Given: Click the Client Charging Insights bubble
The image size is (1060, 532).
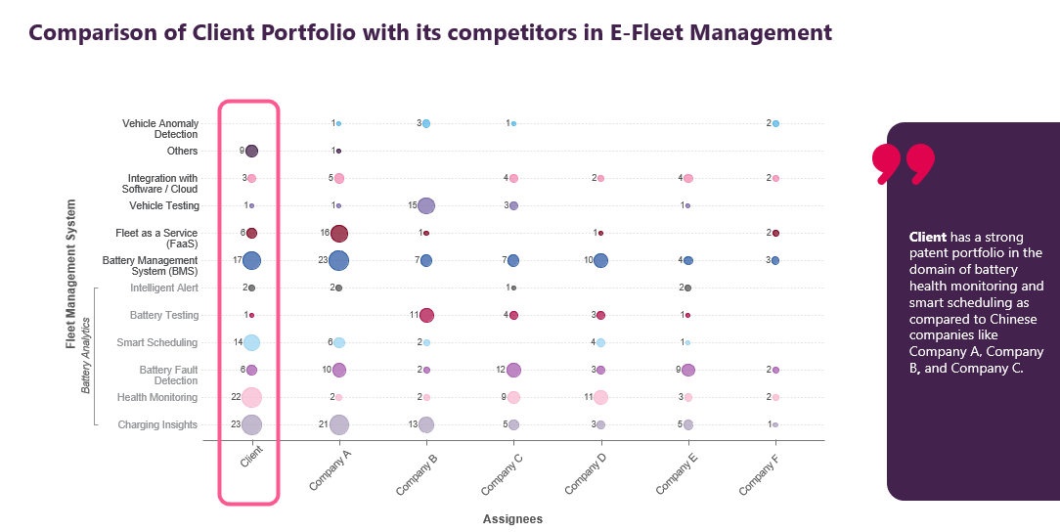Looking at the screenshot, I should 251,424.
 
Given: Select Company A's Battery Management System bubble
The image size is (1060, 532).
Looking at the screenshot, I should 338,260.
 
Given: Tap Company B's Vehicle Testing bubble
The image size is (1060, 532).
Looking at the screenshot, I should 426,205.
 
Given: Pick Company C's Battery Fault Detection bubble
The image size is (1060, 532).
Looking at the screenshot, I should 513,370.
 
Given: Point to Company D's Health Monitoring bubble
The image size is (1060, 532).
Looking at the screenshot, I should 600,397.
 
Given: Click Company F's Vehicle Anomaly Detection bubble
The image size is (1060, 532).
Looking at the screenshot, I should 775,123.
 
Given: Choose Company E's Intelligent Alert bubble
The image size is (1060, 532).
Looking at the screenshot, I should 688,288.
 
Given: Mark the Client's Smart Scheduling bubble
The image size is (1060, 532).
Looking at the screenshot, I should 251,342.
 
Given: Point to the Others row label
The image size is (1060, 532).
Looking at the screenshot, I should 182,151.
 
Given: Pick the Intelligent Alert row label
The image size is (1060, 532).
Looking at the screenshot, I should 164,288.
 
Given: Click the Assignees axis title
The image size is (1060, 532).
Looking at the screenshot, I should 512,519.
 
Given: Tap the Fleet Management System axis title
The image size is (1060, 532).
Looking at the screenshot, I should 70,274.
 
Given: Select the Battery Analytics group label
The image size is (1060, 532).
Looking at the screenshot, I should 86,356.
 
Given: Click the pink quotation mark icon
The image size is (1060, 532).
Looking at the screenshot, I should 903,164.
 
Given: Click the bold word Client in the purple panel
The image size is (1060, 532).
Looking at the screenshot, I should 927,237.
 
